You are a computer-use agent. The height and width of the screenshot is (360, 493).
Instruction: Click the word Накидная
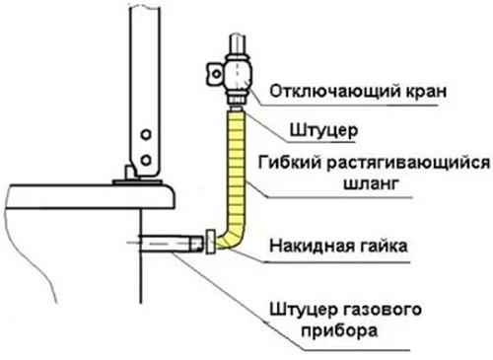click(311, 241)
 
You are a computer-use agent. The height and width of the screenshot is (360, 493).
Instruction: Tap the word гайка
click(388, 241)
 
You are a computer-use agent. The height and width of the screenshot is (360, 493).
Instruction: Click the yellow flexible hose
click(237, 168)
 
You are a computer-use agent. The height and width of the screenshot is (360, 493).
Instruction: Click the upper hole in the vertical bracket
click(145, 133)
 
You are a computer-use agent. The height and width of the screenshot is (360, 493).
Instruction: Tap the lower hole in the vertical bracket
click(145, 158)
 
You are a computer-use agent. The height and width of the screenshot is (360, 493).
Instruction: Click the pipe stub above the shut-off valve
click(237, 44)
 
